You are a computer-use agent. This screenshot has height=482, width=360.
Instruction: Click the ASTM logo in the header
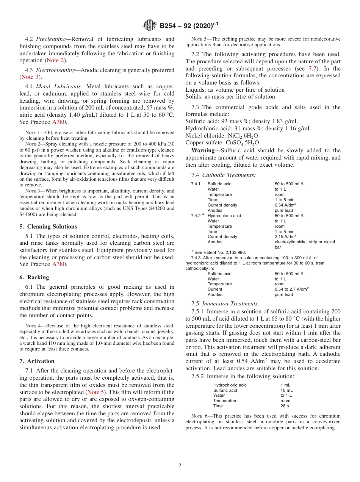150,26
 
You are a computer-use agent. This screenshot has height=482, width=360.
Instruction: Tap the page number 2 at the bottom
180,466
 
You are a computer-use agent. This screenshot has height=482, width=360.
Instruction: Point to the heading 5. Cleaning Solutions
48,227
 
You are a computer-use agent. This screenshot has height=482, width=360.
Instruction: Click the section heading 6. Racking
34,277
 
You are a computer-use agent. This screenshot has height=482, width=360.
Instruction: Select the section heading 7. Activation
37,361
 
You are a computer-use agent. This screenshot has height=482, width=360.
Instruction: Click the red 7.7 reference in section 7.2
313,69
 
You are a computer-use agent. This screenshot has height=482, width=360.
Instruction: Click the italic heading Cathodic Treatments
229,175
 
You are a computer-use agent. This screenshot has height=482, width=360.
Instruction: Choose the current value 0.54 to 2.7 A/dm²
292,289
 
